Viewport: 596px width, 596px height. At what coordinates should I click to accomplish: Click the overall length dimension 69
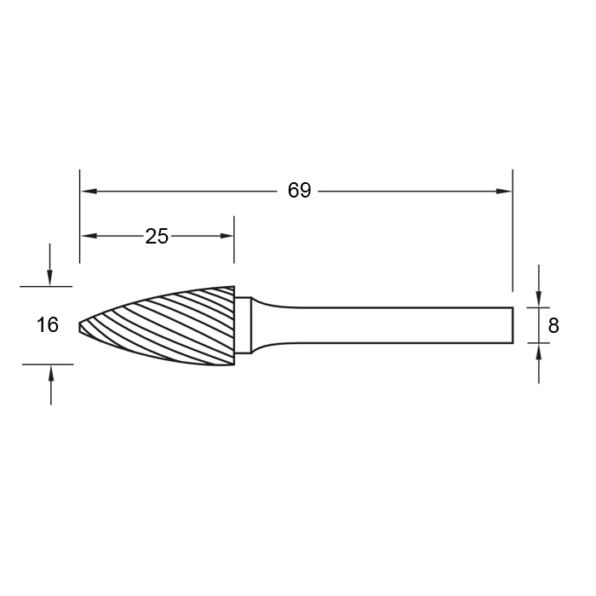[x=299, y=191]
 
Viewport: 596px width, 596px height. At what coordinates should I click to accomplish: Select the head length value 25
[x=157, y=237]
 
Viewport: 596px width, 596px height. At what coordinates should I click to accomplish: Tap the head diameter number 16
[x=48, y=325]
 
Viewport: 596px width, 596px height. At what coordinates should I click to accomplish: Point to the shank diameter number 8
[x=553, y=326]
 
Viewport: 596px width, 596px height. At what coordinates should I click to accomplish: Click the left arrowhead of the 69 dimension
[x=89, y=191]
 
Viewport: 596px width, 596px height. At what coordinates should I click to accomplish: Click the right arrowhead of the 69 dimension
[x=504, y=192]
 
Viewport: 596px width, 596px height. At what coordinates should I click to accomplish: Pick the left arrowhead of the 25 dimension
[x=89, y=236]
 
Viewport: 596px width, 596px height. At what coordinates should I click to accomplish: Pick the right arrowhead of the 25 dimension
[x=226, y=236]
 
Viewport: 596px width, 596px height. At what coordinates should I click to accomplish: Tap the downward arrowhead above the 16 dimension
[x=49, y=278]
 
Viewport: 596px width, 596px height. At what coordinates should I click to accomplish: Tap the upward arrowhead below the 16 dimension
[x=51, y=373]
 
